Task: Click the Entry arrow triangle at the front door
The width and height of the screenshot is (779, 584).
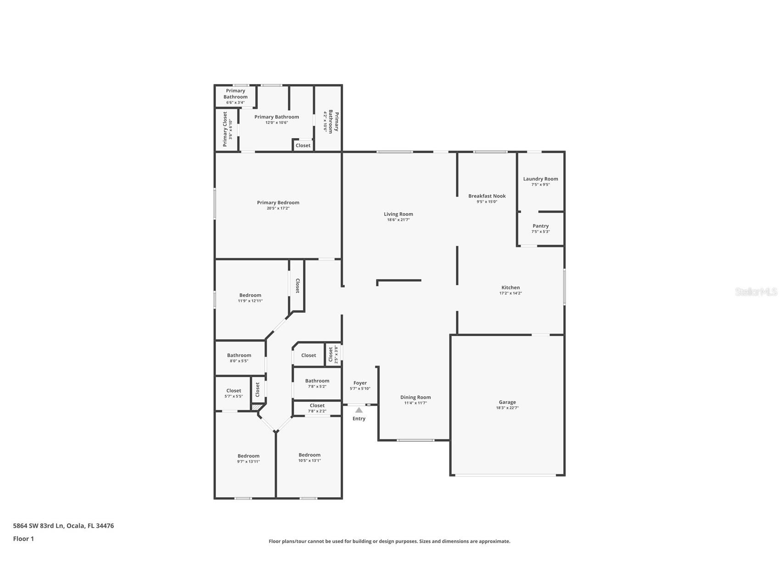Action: click(359, 410)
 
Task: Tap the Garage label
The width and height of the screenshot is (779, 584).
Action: click(507, 402)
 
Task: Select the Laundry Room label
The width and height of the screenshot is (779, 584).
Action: click(540, 179)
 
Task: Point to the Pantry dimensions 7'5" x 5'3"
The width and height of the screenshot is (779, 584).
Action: click(540, 232)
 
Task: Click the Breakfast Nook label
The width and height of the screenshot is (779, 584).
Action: click(487, 196)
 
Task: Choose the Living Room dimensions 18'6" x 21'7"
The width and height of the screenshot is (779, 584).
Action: click(398, 220)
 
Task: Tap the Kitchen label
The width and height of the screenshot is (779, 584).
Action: click(510, 287)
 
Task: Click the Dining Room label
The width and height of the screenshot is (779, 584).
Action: click(415, 397)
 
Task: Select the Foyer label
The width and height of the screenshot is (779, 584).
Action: click(360, 383)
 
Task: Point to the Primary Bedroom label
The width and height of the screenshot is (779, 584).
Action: click(278, 202)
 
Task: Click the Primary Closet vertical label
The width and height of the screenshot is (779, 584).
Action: click(225, 129)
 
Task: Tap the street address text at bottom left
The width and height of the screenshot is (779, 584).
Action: click(63, 526)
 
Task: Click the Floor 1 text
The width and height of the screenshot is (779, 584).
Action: click(23, 539)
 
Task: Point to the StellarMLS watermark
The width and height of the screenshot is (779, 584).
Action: click(756, 292)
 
